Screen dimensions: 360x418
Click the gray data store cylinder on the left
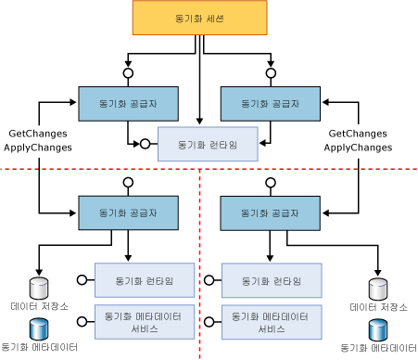click(x=37, y=286)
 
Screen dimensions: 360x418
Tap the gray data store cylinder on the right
click(x=377, y=288)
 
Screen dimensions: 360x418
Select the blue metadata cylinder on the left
click(x=37, y=328)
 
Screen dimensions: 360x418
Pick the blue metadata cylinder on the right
click(x=377, y=329)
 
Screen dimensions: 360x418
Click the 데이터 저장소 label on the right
click(x=377, y=306)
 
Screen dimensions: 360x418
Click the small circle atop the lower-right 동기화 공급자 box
click(x=271, y=184)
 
